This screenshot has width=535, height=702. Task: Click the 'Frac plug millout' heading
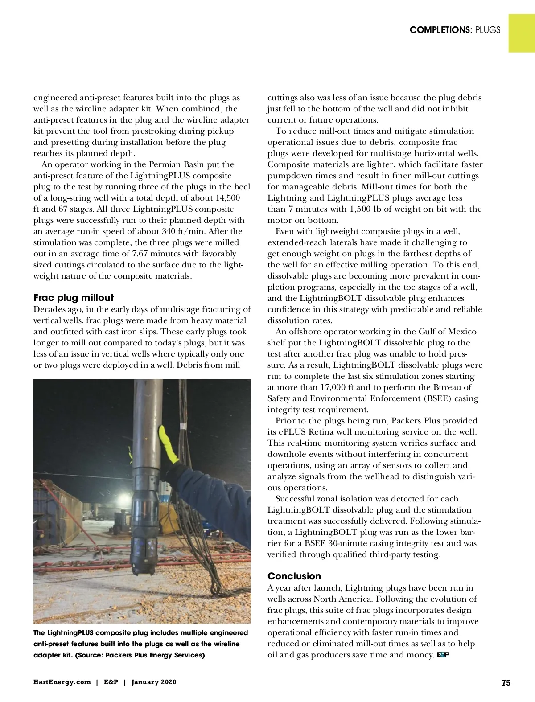pyautogui.click(x=74, y=298)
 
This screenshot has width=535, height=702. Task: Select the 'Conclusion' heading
pyautogui.click(x=294, y=576)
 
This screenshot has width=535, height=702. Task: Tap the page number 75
pyautogui.click(x=506, y=682)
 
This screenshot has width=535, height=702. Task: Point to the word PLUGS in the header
pyautogui.click(x=487, y=30)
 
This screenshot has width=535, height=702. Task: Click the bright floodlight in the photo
pyautogui.click(x=121, y=496)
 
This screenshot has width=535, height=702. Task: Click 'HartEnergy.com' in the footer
pyautogui.click(x=62, y=682)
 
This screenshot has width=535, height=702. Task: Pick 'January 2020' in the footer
pyautogui.click(x=154, y=682)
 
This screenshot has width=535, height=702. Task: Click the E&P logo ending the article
pyautogui.click(x=442, y=655)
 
